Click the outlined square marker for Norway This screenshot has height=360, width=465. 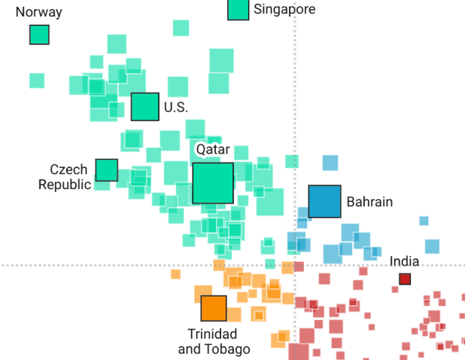point(39,35)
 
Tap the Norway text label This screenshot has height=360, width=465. point(38,12)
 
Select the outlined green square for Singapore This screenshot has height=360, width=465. point(239,9)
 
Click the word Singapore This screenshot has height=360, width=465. point(284,9)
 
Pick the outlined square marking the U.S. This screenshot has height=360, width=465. point(144,107)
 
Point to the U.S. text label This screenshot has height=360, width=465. point(176,108)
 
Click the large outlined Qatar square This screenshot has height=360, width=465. point(213,183)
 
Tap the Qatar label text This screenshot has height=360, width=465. point(213,149)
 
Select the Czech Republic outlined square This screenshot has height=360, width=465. point(107,170)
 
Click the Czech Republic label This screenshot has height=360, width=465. point(65,177)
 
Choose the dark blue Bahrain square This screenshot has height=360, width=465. point(325,201)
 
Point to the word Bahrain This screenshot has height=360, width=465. point(369,202)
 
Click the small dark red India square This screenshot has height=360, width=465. point(405,279)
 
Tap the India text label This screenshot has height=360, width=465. point(404,261)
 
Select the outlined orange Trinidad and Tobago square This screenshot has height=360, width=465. point(214,308)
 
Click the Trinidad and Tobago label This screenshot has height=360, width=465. point(213,341)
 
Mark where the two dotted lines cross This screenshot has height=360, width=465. point(294,265)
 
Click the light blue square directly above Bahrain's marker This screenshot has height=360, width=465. point(330,163)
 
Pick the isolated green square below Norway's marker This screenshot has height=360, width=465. point(37,81)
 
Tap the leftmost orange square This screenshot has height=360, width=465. point(175,274)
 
